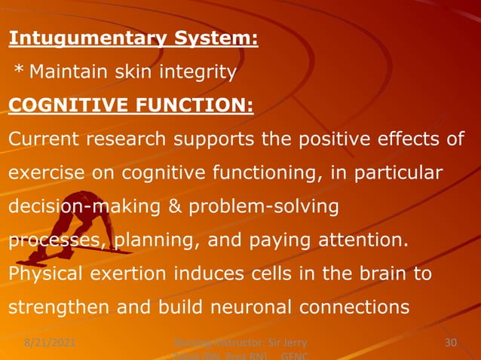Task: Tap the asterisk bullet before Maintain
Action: coord(20,72)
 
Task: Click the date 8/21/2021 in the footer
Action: coord(44,344)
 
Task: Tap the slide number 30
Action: coord(451,344)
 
